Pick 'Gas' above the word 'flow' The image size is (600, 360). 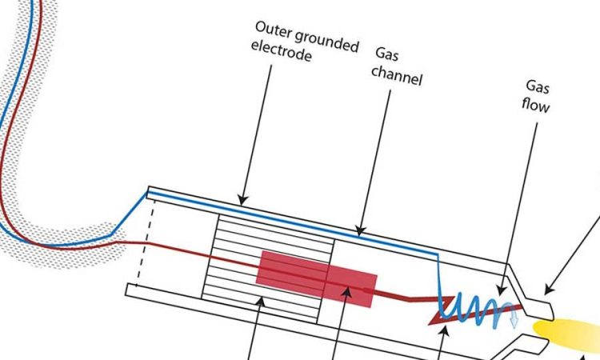(538, 86)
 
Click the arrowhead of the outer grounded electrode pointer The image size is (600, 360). (242, 200)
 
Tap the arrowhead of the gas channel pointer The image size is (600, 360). (360, 230)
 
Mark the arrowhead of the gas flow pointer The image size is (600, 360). (502, 290)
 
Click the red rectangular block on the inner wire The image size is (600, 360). (317, 278)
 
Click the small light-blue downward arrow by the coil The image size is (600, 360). (514, 319)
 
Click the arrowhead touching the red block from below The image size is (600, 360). (346, 293)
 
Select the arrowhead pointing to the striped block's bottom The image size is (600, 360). (260, 302)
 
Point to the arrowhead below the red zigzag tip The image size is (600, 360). (444, 331)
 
